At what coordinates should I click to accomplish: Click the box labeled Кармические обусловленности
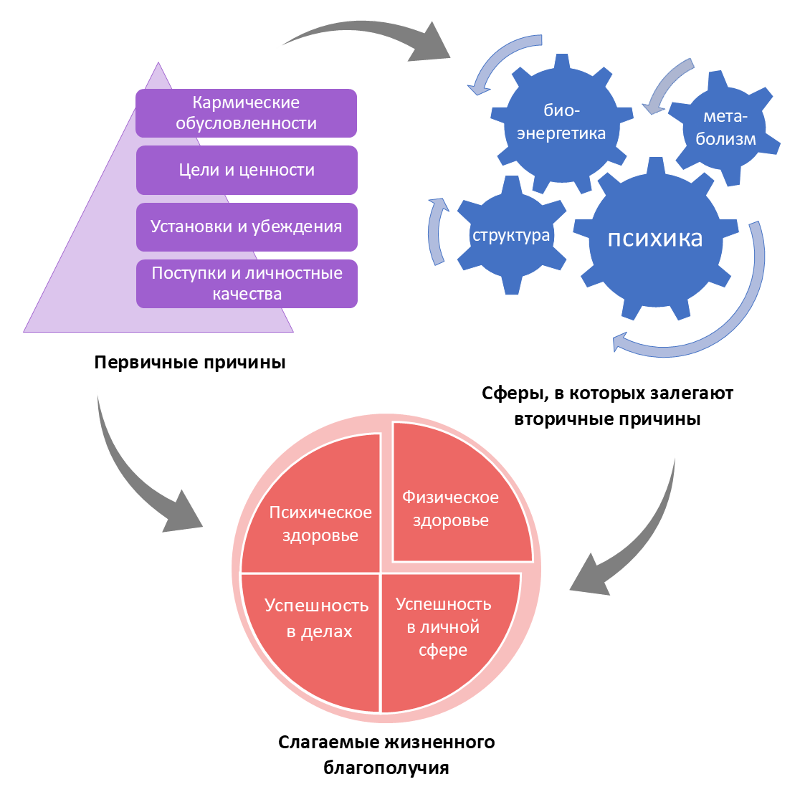(246, 113)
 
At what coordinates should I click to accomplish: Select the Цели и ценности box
(247, 170)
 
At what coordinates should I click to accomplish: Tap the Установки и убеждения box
(247, 226)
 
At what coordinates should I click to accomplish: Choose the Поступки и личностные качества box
(247, 284)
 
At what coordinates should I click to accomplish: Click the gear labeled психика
(654, 239)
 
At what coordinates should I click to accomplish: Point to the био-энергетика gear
(561, 122)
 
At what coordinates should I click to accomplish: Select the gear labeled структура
(511, 235)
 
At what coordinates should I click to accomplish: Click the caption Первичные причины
(190, 362)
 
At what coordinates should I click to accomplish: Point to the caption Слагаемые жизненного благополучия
(386, 755)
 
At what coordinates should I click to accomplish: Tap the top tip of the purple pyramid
(158, 65)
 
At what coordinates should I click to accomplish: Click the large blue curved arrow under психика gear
(717, 330)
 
